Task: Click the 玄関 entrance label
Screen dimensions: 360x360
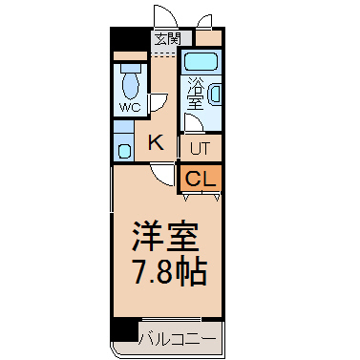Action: pos(168,39)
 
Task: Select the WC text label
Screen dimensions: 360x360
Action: pos(130,108)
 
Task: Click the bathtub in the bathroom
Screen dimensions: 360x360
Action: pos(201,62)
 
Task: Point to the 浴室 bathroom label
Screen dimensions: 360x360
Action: pos(195,95)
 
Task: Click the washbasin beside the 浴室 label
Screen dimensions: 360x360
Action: pos(214,95)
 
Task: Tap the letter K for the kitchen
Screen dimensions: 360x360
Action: pos(157,142)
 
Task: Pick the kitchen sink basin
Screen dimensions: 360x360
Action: pos(124,150)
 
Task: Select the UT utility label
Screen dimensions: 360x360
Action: pos(201,149)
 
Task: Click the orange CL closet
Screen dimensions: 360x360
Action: pos(201,179)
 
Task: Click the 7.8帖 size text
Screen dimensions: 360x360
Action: pos(170,272)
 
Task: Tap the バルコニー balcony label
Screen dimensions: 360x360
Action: pos(178,339)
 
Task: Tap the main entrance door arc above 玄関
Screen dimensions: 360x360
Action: pos(165,14)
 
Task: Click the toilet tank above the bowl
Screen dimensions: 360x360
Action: pos(131,68)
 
